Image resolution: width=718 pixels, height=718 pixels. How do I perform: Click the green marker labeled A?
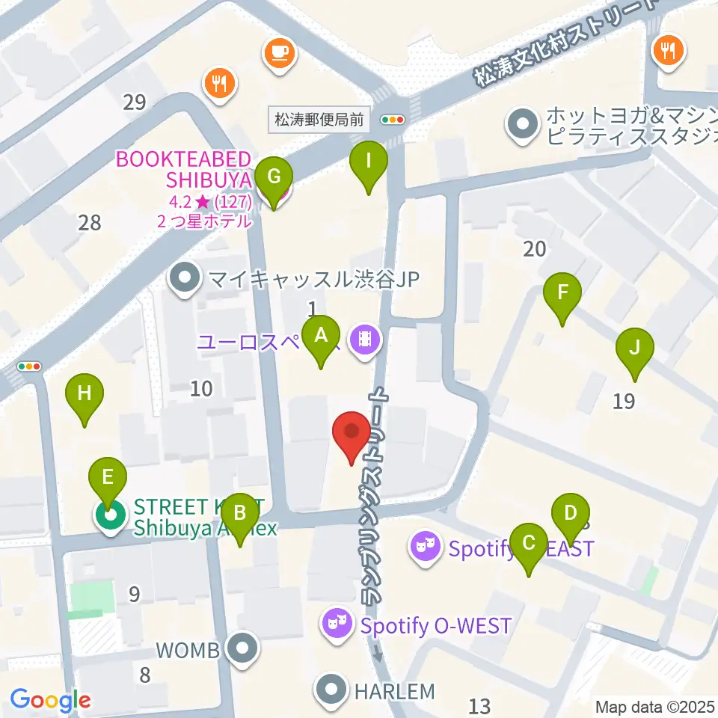pos(320,337)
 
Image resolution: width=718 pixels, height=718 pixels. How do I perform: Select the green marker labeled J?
pos(634,349)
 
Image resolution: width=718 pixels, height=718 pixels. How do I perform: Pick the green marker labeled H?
pos(85,394)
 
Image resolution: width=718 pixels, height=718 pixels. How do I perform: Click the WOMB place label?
pos(188,651)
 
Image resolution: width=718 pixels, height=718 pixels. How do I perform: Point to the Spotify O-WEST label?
pos(435,625)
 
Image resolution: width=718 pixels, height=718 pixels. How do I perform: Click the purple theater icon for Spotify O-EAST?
pos(424,548)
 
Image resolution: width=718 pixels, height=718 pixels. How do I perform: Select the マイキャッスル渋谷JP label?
pos(313,280)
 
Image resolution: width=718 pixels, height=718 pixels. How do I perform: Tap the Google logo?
pos(50,701)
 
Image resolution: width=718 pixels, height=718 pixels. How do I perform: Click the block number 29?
pos(135,102)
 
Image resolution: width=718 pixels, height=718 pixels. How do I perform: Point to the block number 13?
pos(479,705)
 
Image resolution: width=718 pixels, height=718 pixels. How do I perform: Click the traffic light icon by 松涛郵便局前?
pos(393,119)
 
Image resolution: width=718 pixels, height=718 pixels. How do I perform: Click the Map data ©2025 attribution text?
pos(655,706)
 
